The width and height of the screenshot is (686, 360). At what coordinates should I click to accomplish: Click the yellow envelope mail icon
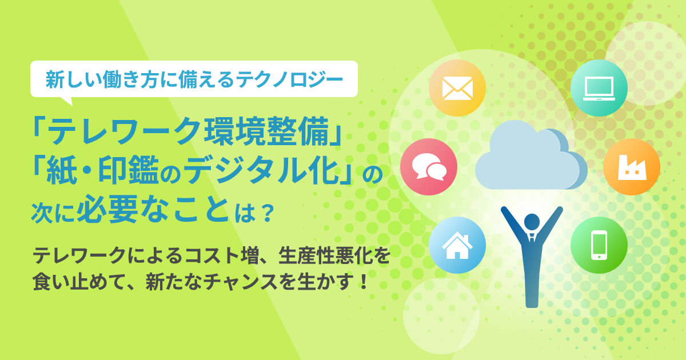tap(457, 88)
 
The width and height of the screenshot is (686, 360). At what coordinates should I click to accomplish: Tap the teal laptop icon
tap(599, 88)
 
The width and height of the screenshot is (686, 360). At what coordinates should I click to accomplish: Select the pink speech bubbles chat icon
tap(429, 167)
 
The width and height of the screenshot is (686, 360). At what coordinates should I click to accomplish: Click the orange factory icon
tap(632, 167)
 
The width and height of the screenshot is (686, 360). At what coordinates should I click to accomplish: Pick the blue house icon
tap(457, 245)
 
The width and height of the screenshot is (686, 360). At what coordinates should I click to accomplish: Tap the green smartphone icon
tap(599, 245)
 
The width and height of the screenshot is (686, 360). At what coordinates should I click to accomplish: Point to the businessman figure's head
tap(532, 222)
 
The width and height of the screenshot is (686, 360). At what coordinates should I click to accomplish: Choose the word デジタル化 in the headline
tap(261, 170)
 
